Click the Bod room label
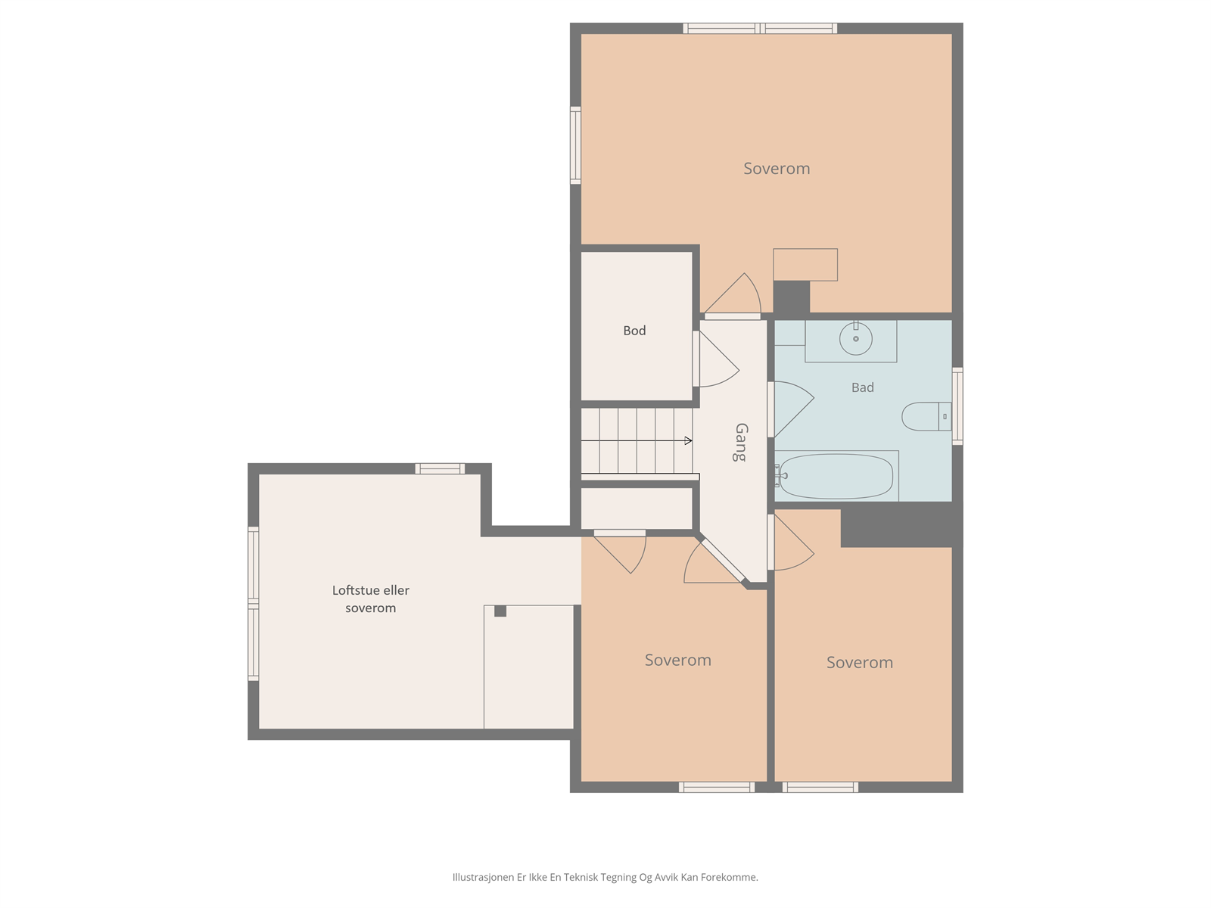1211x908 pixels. pos(634,330)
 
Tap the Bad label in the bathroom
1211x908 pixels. pos(862,387)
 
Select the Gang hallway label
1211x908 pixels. pos(742,442)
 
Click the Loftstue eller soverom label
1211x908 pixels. pos(371,599)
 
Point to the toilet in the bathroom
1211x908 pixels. pos(926,416)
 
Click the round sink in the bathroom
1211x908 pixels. pos(856,338)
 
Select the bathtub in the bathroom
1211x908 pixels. pos(836,476)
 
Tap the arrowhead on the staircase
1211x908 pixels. pos(688,440)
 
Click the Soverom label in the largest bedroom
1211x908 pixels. pos(777,168)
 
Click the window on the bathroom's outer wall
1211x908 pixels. pos(957,406)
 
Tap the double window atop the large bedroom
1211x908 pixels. pos(760,28)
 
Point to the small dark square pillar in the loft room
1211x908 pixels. pos(500,611)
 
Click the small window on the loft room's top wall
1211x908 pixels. pos(440,468)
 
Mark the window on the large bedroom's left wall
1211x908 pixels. pos(575,145)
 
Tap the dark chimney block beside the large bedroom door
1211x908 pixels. pos(791,297)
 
